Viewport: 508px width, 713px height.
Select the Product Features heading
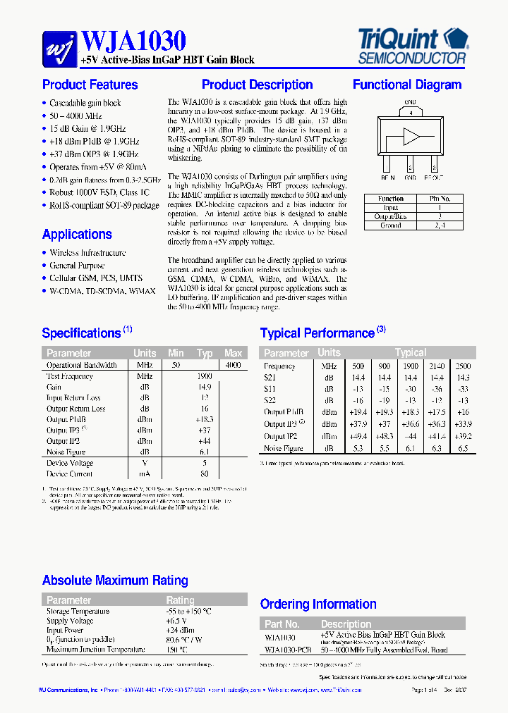[90, 85]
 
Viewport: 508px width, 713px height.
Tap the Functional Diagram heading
[407, 85]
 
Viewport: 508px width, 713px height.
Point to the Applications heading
[77, 235]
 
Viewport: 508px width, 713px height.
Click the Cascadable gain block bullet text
[85, 103]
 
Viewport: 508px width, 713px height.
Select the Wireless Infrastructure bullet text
[87, 253]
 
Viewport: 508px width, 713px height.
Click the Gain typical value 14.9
[205, 387]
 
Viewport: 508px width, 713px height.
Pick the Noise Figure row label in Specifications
[66, 452]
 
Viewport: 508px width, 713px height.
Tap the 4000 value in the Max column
[232, 365]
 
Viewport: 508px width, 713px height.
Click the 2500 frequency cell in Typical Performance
[463, 366]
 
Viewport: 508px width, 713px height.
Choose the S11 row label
[270, 389]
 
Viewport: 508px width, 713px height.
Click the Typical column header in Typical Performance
[410, 352]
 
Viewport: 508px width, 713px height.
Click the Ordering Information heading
[318, 604]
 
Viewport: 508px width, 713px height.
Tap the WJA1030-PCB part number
[288, 650]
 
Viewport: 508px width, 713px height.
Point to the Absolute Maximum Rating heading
[115, 581]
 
